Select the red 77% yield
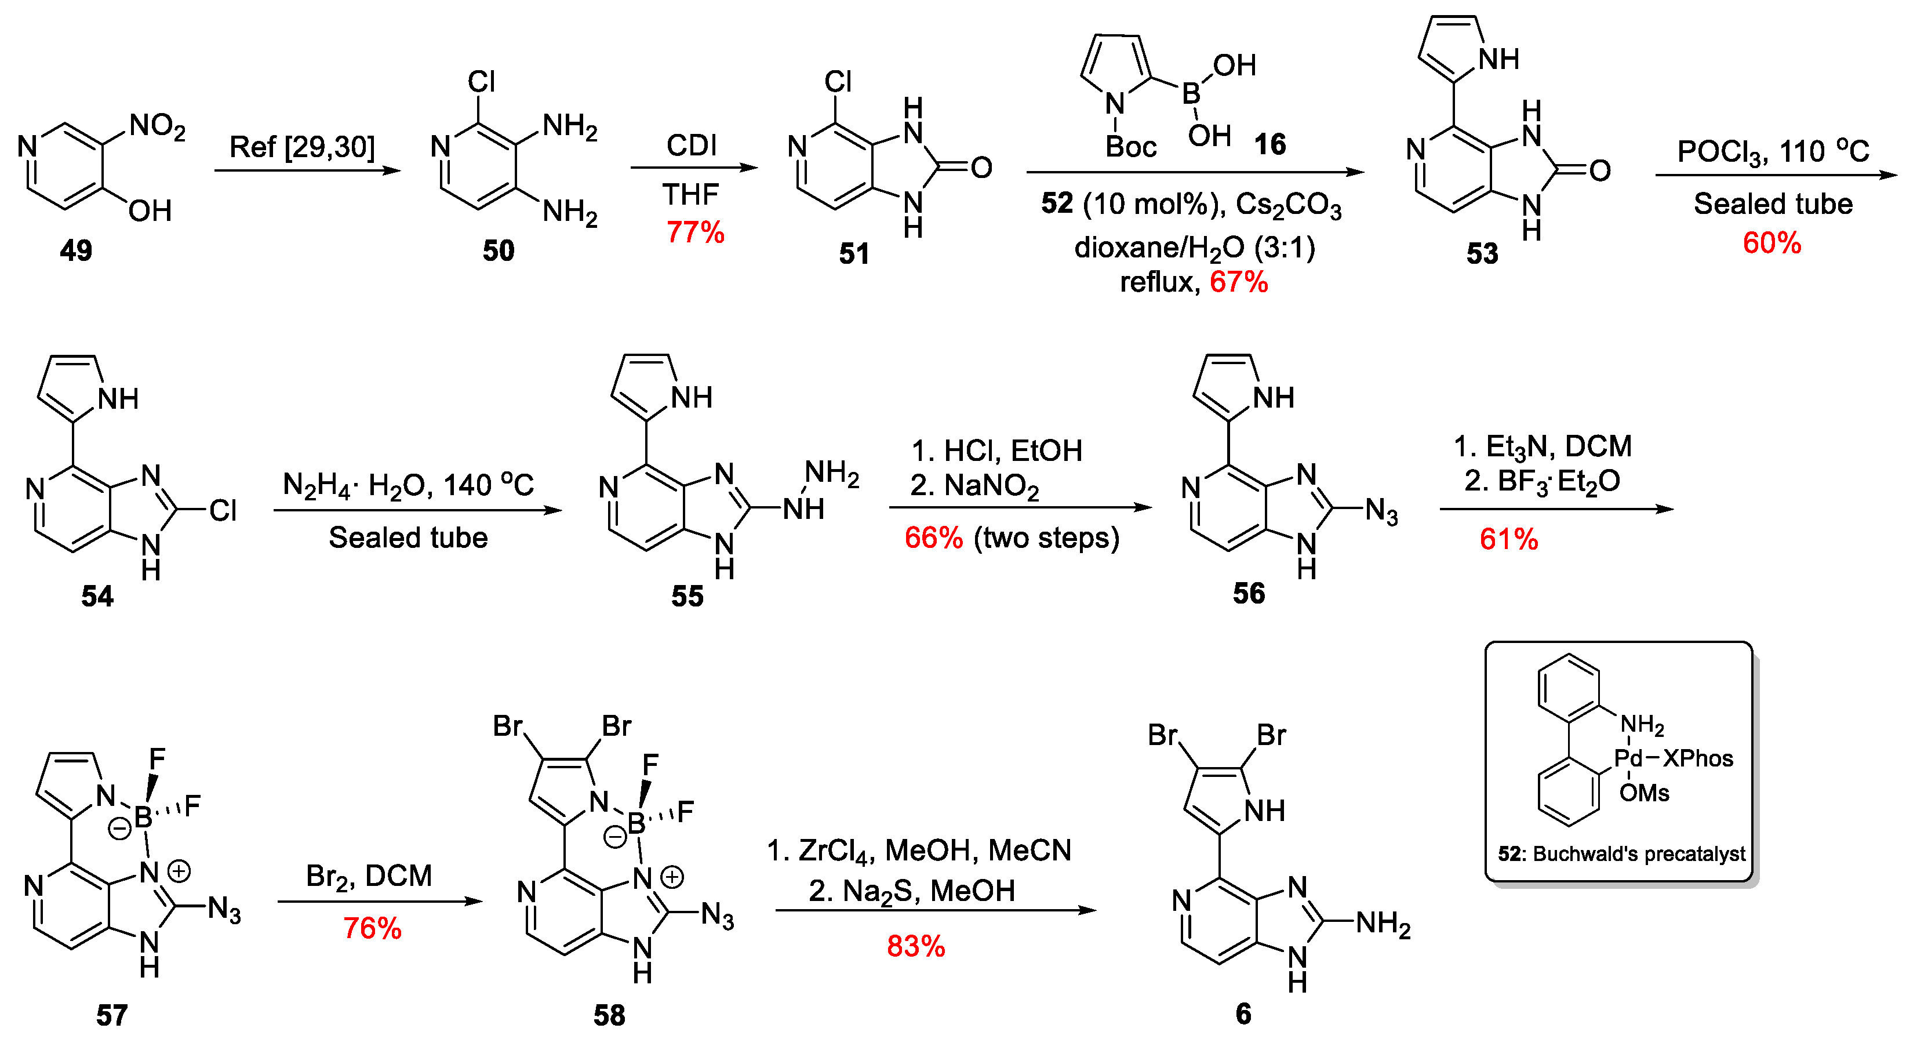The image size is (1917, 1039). tap(695, 232)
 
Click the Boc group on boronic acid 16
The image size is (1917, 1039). tap(1130, 147)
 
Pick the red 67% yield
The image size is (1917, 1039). tap(1238, 282)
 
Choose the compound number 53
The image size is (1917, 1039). tap(1482, 254)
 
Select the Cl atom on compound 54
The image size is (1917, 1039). tap(223, 511)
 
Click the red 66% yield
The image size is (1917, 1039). tap(933, 537)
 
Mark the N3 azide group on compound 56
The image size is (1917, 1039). tap(1381, 512)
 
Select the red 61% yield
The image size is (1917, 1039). tap(1508, 539)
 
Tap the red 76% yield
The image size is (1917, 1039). tap(372, 928)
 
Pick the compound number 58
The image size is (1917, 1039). tap(609, 1015)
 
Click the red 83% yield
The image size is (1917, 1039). tap(915, 946)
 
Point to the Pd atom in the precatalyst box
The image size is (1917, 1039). tap(1628, 758)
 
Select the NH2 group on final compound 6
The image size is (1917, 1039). tap(1383, 923)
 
